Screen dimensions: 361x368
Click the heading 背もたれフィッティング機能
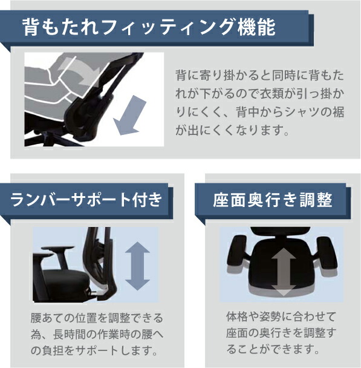coord(149,28)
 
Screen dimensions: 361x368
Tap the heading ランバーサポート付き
coord(86,200)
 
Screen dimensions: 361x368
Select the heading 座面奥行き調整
coord(273,200)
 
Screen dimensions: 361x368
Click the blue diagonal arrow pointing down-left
coord(129,115)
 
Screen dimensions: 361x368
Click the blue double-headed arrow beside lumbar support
coord(137,266)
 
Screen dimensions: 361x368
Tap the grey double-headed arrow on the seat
coord(284,272)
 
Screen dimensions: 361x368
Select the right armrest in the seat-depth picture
coord(327,254)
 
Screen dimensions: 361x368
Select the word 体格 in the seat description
coord(237,317)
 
